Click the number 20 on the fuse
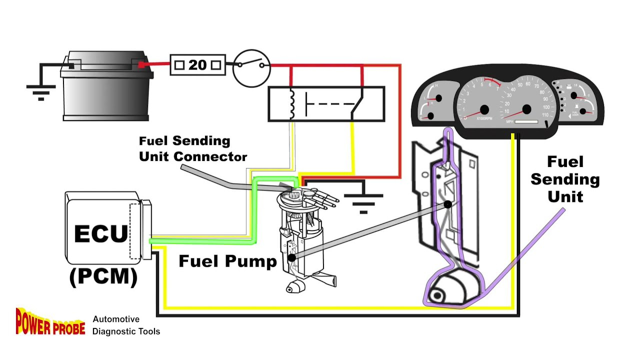coord(197,65)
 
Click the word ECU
coord(101,234)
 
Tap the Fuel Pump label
coord(227,261)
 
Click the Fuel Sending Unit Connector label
coord(192,149)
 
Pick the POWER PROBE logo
coord(50,321)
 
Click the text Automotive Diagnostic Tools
coord(126,325)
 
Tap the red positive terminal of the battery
coord(142,64)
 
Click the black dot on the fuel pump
coord(292,258)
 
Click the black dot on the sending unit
coord(447,204)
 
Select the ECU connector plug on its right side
coord(146,229)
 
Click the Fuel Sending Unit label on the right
coord(565,179)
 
